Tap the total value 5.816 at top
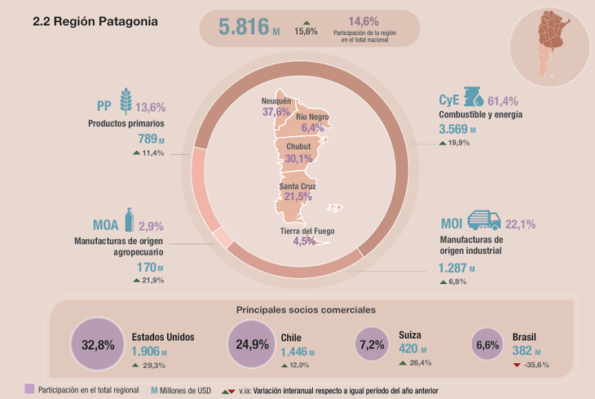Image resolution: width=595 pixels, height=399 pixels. click(x=245, y=27)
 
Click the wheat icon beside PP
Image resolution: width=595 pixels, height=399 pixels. click(x=126, y=100)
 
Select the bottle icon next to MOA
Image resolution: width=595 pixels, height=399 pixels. click(x=128, y=220)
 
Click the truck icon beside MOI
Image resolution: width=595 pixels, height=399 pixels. click(x=486, y=220)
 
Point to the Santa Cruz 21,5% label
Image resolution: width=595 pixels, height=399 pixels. click(x=297, y=192)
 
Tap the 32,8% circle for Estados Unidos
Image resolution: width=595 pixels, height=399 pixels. click(x=98, y=344)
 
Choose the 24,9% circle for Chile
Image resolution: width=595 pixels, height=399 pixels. click(x=252, y=344)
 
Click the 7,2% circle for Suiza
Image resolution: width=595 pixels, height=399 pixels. click(x=371, y=344)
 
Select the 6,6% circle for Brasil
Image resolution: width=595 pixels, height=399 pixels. click(x=487, y=344)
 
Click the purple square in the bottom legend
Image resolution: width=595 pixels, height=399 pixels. click(x=30, y=390)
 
